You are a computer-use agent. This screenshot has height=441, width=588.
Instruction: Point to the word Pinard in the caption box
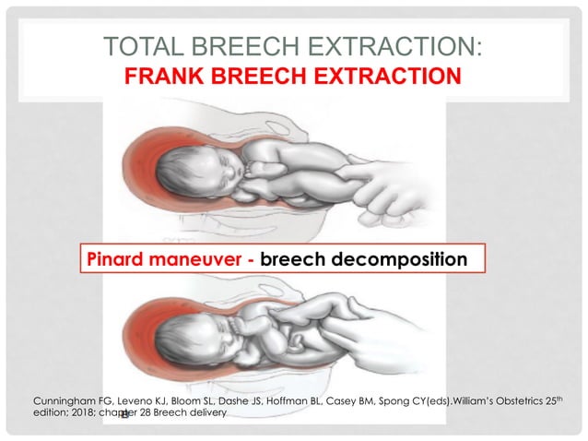pos(118,258)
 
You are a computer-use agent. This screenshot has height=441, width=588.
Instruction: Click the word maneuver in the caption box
pos(197,258)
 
